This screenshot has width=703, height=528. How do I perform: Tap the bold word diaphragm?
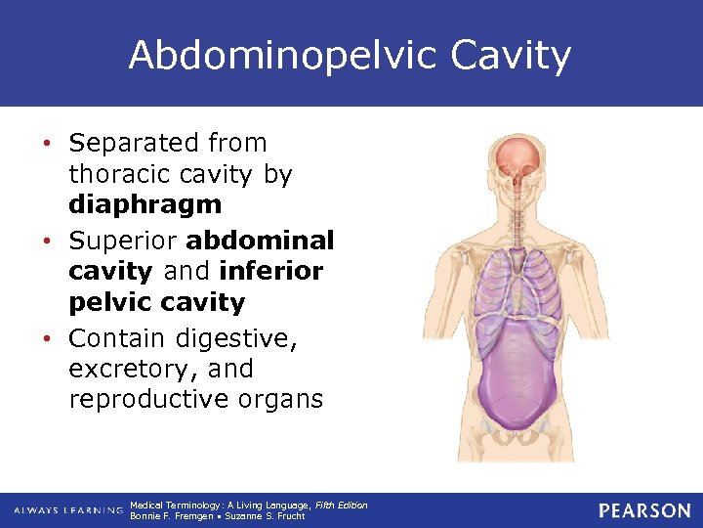point(145,205)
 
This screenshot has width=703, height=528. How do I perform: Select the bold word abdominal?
point(261,241)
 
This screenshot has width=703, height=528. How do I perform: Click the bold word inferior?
point(271,272)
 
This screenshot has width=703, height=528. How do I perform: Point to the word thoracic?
point(113,174)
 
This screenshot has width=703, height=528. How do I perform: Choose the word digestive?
point(249,338)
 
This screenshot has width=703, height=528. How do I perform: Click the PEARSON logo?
point(643,510)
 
